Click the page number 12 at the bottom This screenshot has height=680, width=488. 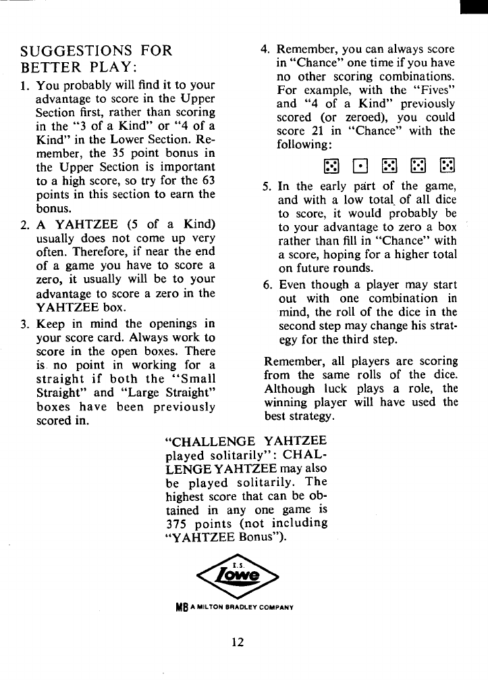[x=236, y=642]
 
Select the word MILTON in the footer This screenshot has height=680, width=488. [x=210, y=606]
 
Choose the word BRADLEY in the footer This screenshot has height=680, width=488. [x=246, y=606]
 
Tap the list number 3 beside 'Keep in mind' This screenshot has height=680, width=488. [x=25, y=323]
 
